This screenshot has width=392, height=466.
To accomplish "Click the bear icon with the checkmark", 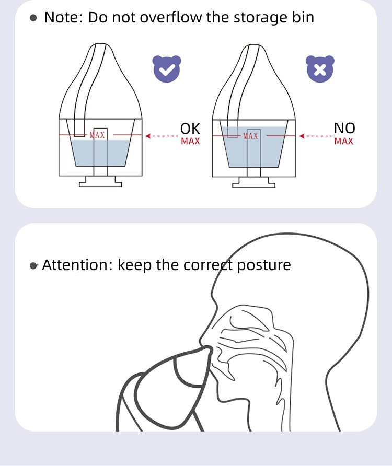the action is [167, 68].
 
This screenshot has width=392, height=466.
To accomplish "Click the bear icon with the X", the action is [320, 68].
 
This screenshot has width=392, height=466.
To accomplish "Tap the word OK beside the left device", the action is [190, 129].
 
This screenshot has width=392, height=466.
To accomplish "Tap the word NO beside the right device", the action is [344, 128].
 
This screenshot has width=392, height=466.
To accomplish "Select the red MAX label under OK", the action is [190, 141].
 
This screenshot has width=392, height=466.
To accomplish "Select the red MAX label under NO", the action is [343, 141].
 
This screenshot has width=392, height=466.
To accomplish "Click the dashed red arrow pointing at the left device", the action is [162, 136].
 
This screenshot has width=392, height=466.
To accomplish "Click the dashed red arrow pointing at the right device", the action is [315, 136].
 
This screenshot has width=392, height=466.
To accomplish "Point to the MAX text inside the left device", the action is [97, 135].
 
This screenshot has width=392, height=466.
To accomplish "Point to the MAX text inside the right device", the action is [250, 136].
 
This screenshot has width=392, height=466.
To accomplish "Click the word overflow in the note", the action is [171, 17].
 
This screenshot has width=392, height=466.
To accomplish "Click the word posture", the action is [264, 265].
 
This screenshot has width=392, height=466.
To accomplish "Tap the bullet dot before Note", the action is [33, 18].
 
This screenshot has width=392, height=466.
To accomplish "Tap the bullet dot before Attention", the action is [33, 265].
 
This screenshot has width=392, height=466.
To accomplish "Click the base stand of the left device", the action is [100, 181].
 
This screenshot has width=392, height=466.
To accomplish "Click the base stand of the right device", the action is [253, 182].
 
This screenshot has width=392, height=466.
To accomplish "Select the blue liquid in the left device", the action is [100, 153].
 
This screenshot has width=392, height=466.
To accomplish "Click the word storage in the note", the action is [257, 18].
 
